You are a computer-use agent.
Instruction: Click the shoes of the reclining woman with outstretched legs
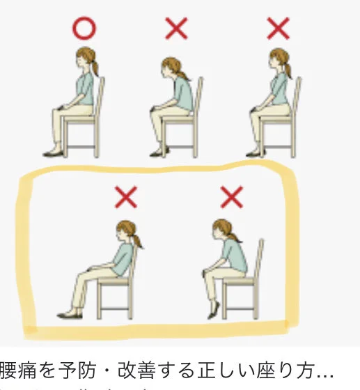pos(69,314)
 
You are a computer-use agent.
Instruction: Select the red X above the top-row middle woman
pos(175,29)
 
